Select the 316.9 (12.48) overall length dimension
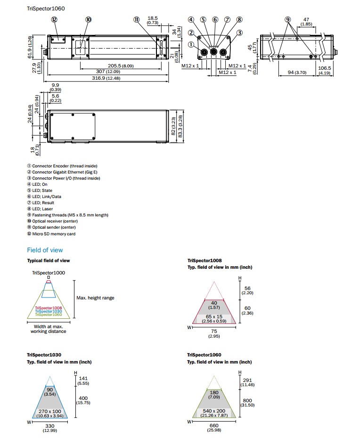(x=106, y=78)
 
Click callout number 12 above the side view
(x=54, y=20)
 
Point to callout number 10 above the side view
(x=88, y=20)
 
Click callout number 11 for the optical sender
(x=137, y=20)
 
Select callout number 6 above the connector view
(x=215, y=20)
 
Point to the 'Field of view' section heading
(x=45, y=250)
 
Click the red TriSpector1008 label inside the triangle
(x=48, y=307)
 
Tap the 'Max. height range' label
(x=95, y=298)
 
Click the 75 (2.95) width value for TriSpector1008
(x=214, y=334)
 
